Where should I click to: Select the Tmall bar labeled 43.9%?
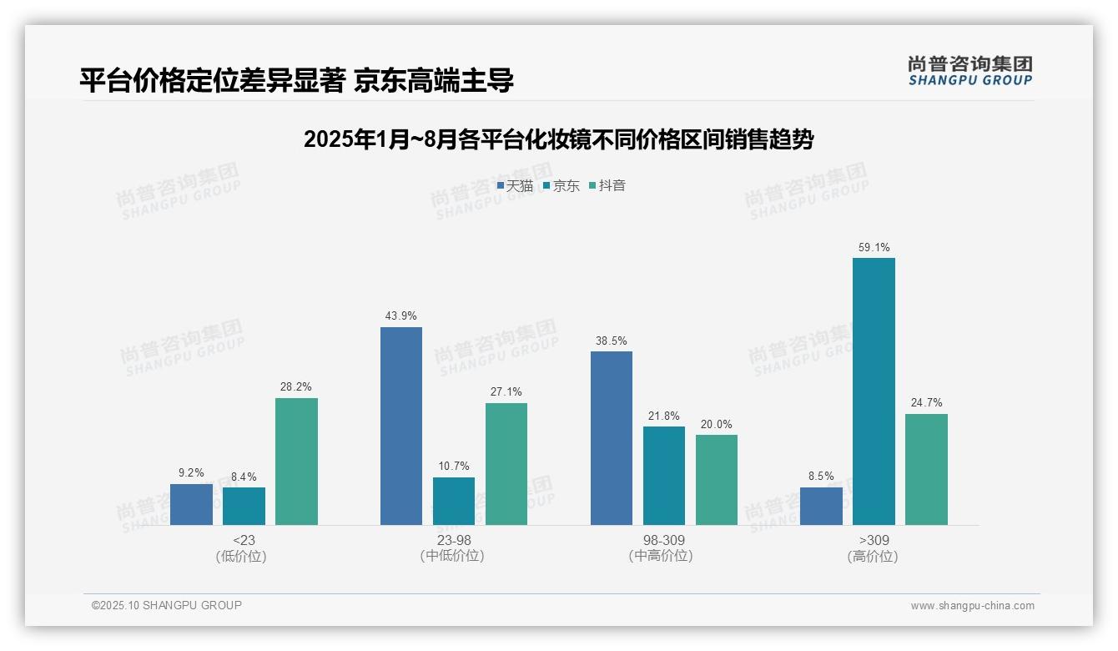click(x=401, y=426)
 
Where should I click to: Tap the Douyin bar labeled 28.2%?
click(x=296, y=461)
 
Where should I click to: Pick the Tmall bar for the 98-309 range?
click(x=612, y=437)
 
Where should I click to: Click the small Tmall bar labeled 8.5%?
click(x=821, y=506)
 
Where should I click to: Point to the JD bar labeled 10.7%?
click(x=454, y=501)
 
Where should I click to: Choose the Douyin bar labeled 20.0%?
click(x=717, y=479)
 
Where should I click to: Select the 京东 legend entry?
click(x=561, y=185)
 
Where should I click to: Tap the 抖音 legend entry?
click(x=607, y=185)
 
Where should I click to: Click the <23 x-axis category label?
click(x=244, y=541)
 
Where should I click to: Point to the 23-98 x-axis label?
click(x=454, y=541)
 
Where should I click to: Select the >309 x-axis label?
click(x=873, y=541)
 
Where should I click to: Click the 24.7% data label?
click(x=926, y=403)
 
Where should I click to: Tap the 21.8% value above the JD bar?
click(x=664, y=416)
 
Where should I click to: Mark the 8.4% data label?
click(x=244, y=477)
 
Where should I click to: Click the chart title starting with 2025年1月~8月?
click(x=558, y=139)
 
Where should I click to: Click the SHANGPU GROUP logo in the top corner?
click(x=969, y=71)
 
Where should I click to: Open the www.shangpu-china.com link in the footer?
click(x=972, y=606)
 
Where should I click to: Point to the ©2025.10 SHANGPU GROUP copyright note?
click(x=167, y=605)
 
